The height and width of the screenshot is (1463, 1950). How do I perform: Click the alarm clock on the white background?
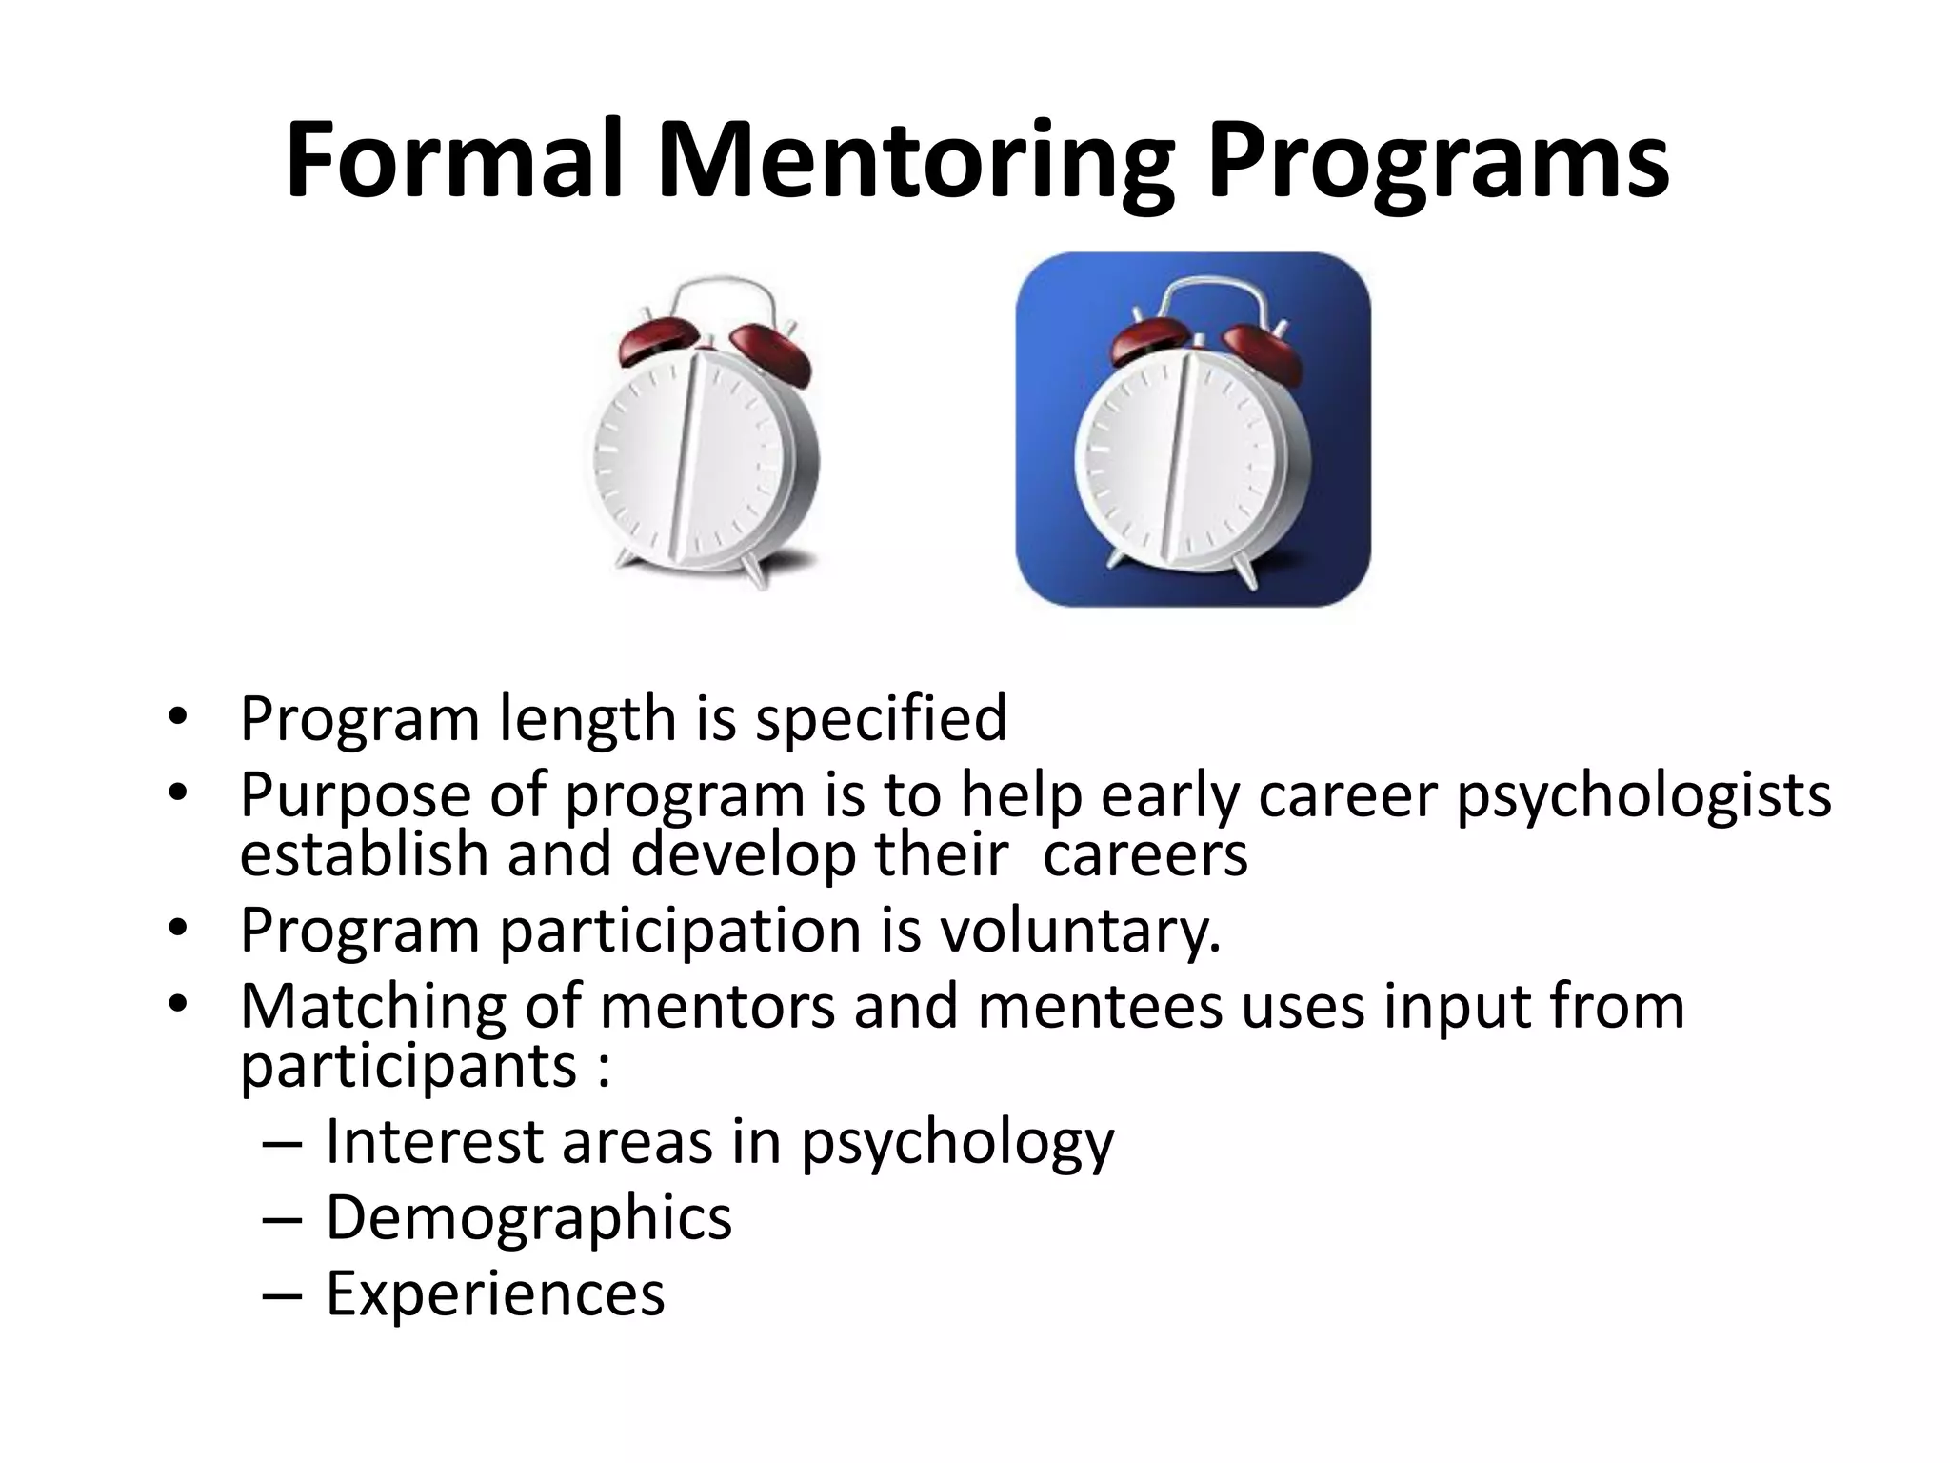703,434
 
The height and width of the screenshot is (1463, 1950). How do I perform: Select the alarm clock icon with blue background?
1193,430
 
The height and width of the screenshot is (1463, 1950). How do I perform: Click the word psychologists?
1644,795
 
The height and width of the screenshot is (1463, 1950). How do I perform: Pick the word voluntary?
1080,930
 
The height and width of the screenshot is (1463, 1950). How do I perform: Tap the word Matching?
372,1008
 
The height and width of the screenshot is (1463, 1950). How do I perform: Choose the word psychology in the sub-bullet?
956,1142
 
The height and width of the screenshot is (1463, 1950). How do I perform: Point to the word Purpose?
356,795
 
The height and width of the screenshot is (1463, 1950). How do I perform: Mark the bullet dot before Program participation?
176,928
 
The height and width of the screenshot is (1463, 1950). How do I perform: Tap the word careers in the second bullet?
1144,854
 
